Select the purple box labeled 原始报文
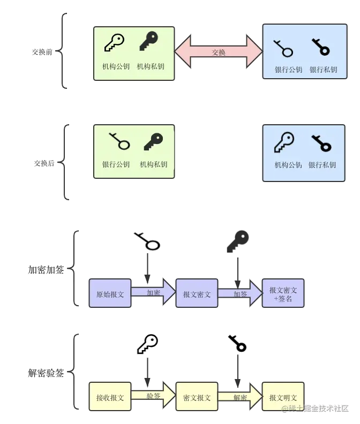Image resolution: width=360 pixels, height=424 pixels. tap(110, 294)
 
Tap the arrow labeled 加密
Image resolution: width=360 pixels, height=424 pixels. tap(153, 292)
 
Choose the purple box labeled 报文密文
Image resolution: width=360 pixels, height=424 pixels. tap(197, 294)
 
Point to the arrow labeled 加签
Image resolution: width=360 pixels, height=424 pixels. tap(240, 293)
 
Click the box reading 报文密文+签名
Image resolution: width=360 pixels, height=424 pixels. tap(283, 294)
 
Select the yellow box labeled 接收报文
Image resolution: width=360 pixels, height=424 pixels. tap(110, 397)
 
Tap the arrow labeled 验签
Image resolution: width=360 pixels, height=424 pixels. tap(153, 396)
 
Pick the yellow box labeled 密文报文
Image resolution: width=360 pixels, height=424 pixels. tap(197, 397)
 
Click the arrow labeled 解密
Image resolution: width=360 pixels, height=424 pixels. tap(240, 397)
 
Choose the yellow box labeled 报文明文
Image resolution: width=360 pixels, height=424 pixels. tap(283, 397)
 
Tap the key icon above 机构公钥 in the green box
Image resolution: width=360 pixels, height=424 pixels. tap(114, 42)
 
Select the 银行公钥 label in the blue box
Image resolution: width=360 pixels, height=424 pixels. tap(288, 70)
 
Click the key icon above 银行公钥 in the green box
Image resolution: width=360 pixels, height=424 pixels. tap(119, 141)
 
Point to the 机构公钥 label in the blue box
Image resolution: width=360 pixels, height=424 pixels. tap(288, 165)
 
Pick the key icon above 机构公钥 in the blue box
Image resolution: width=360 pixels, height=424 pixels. tap(284, 142)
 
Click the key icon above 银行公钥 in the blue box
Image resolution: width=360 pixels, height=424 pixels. tap(283, 48)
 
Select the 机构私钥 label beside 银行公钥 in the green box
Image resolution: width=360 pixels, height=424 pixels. tap(154, 164)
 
